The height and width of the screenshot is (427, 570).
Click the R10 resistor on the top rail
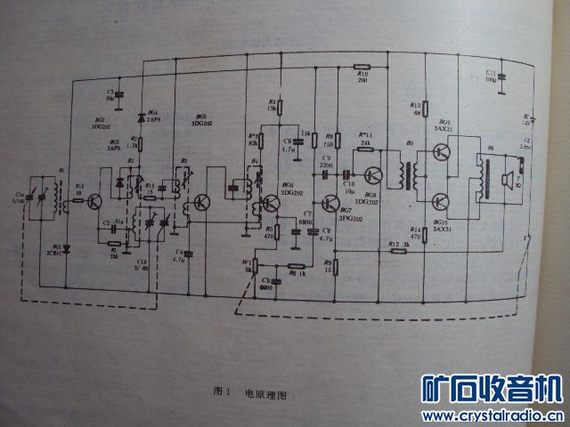point(362,66)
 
